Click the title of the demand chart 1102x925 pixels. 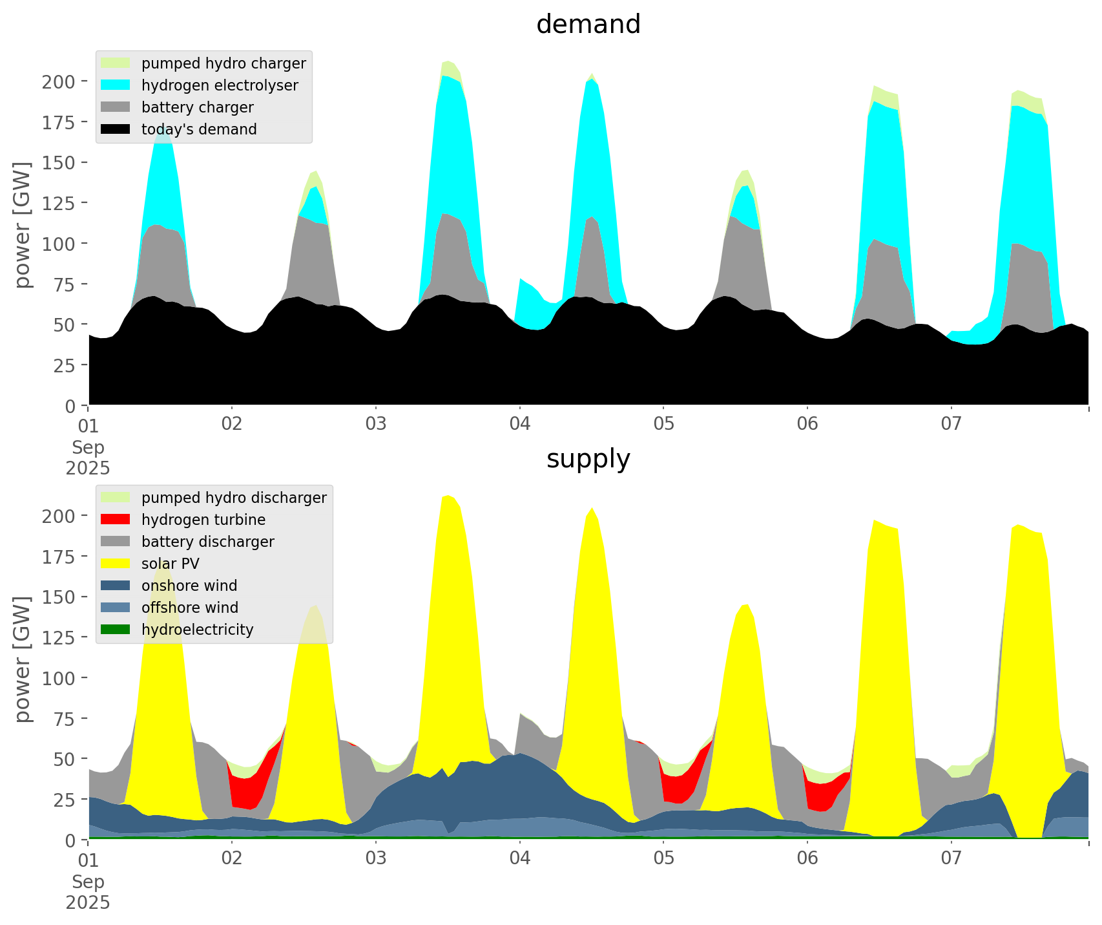coord(588,25)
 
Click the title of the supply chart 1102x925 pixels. coord(588,459)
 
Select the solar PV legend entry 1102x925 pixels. coord(170,564)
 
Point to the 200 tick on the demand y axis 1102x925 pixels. coord(58,81)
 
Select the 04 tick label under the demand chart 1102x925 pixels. coord(519,424)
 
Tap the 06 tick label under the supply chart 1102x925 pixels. coord(807,858)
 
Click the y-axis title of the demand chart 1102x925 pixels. coord(23,225)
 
